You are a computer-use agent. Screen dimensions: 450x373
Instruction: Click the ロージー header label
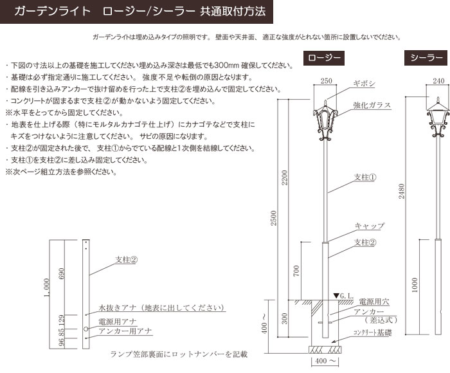click(324, 59)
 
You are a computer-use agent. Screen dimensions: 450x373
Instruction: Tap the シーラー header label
click(426, 59)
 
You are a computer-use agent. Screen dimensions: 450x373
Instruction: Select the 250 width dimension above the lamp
click(326, 81)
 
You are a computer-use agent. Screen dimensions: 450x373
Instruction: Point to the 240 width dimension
click(438, 81)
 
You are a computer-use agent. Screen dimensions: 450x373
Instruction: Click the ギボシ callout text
click(364, 84)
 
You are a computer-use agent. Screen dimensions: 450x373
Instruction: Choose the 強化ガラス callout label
click(372, 105)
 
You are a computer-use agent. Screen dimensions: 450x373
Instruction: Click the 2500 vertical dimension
click(273, 218)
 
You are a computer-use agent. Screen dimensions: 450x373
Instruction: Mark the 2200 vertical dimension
click(284, 177)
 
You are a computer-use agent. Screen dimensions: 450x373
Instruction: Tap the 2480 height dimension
click(402, 191)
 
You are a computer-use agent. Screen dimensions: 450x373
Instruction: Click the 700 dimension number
click(296, 271)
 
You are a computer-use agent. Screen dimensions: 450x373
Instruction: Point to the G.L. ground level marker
click(343, 296)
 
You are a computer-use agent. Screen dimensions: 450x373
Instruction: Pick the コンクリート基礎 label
click(372, 332)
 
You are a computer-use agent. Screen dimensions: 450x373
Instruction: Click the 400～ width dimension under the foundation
click(325, 361)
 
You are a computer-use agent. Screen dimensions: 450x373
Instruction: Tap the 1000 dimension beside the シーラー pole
click(415, 285)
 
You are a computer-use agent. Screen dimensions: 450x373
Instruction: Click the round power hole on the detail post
click(85, 329)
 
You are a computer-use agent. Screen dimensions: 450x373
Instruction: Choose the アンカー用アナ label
click(125, 331)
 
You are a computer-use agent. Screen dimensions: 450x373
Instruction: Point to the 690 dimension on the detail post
click(62, 274)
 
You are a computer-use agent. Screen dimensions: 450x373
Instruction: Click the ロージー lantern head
click(325, 121)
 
